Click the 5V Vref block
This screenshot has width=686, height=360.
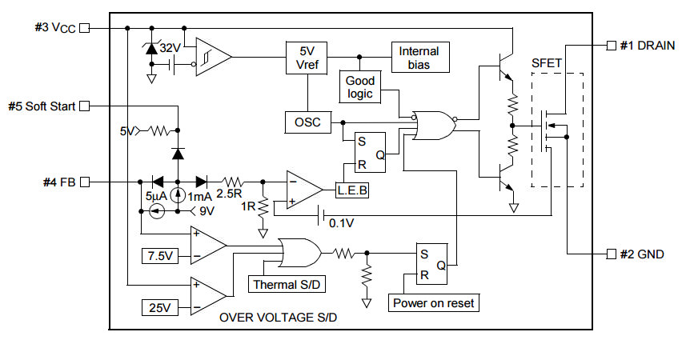[x=307, y=58]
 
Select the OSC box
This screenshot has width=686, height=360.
[x=307, y=122]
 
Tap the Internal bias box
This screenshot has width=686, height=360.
[x=420, y=58]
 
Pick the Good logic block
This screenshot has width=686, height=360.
[x=360, y=87]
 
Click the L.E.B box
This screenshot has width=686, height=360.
[x=352, y=190]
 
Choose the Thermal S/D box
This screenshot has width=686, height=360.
[x=287, y=284]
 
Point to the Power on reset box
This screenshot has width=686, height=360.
[x=434, y=302]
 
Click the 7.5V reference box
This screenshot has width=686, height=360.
[x=160, y=255]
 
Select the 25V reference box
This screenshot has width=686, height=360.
[x=160, y=307]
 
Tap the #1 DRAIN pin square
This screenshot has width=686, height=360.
[x=612, y=45]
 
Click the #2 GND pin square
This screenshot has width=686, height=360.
[x=612, y=254]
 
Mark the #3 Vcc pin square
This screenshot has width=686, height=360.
[x=84, y=28]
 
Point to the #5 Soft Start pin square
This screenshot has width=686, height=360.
[x=84, y=106]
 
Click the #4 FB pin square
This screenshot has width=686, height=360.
[x=84, y=182]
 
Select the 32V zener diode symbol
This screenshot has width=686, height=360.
[x=151, y=48]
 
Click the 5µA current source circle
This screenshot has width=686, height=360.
[x=156, y=211]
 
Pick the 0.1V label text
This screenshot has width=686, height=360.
[x=341, y=223]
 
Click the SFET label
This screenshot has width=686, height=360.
[x=546, y=63]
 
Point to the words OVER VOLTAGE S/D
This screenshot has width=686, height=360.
[x=279, y=317]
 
